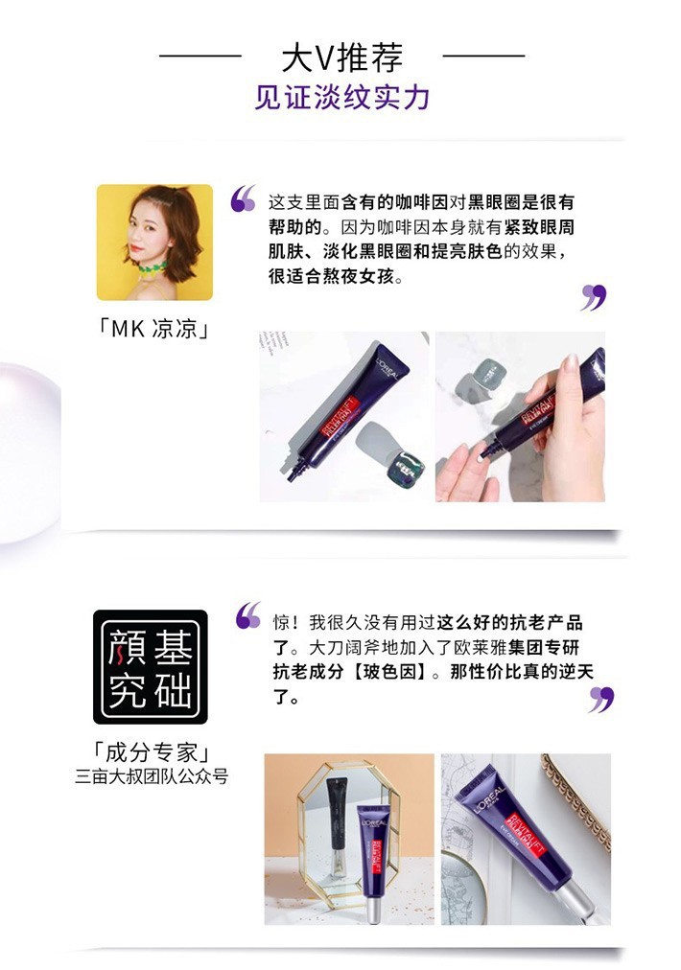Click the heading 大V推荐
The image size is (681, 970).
click(x=341, y=58)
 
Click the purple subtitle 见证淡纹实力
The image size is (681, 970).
click(x=341, y=98)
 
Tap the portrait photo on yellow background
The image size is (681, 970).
click(x=154, y=242)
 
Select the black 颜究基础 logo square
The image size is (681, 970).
click(x=151, y=667)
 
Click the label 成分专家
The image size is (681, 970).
click(x=151, y=752)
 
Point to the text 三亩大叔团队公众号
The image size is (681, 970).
click(x=152, y=776)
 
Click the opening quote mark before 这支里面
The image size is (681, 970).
click(x=243, y=198)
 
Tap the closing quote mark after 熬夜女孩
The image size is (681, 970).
click(x=594, y=297)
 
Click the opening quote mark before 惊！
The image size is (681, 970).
click(x=248, y=615)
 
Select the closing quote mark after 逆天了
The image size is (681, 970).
click(x=601, y=700)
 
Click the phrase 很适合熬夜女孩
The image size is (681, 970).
click(x=331, y=276)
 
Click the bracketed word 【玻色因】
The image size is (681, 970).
click(x=390, y=672)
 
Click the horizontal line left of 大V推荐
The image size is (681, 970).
click(x=200, y=56)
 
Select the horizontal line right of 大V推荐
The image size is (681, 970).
click(x=483, y=56)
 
